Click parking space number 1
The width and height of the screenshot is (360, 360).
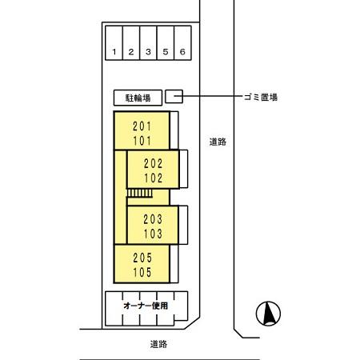pyautogui.click(x=115, y=52)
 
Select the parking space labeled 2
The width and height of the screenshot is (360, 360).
pyautogui.click(x=132, y=52)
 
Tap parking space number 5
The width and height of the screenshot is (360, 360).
pyautogui.click(x=166, y=52)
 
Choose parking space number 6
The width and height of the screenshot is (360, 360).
pyautogui.click(x=183, y=52)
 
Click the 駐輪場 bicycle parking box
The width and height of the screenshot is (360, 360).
pyautogui.click(x=138, y=97)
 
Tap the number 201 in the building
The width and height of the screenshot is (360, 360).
pyautogui.click(x=141, y=126)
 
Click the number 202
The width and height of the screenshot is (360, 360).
pyautogui.click(x=154, y=163)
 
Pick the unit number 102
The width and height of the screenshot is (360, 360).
pyautogui.click(x=154, y=177)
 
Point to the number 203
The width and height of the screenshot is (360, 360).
pyautogui.click(x=154, y=219)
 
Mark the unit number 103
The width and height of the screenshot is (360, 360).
pyautogui.click(x=154, y=233)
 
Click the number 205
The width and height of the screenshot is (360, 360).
pyautogui.click(x=141, y=258)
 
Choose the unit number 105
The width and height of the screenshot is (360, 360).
pyautogui.click(x=141, y=271)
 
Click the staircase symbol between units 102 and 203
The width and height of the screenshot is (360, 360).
pyautogui.click(x=139, y=194)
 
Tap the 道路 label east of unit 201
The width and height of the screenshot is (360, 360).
pyautogui.click(x=218, y=142)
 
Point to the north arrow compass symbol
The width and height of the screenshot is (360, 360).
pyautogui.click(x=268, y=314)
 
